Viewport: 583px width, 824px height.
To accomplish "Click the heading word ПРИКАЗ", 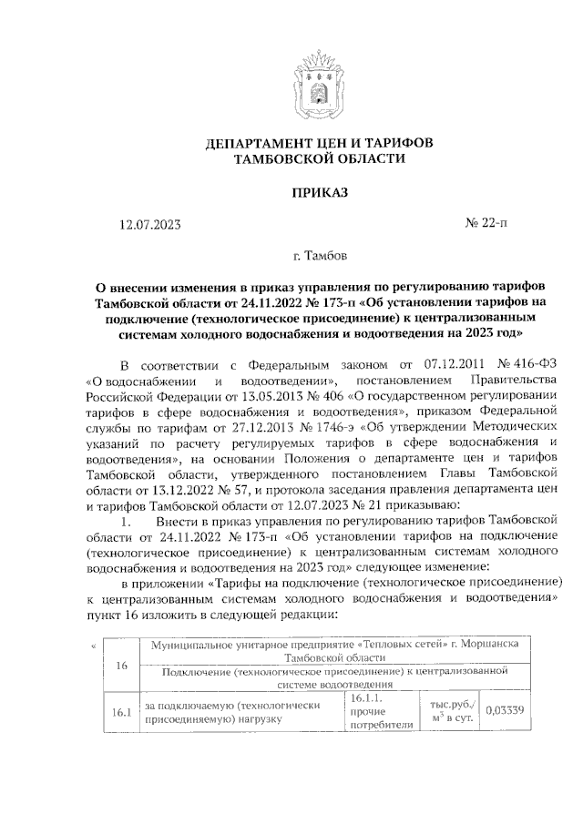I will [x=318, y=192].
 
